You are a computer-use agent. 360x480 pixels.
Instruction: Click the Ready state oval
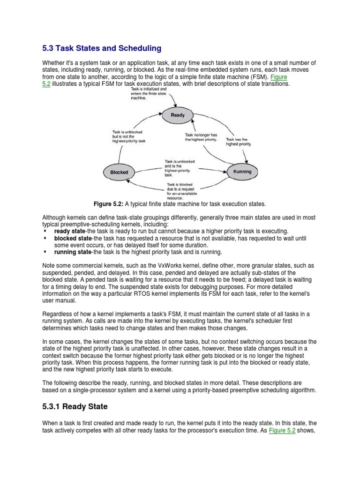[178, 115]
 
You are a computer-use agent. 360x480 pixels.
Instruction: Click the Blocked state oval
[119, 172]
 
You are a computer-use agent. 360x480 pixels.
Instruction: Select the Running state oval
[242, 172]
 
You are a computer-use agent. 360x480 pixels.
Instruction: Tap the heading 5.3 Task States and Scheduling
[102, 48]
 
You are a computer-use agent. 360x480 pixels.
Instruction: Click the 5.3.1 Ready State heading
[75, 406]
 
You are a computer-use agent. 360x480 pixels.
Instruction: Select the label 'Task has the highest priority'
[239, 142]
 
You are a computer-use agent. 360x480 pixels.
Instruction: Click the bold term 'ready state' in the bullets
[69, 232]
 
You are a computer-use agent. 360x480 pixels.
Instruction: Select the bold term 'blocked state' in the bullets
[72, 239]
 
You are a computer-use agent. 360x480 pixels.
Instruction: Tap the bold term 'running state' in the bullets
[73, 252]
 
